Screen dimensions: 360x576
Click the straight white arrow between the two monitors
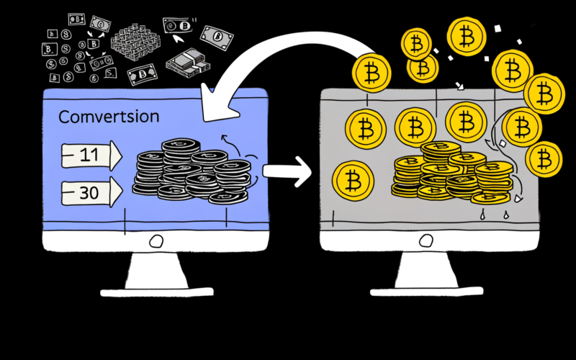[x=287, y=172]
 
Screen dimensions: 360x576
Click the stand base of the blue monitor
[x=156, y=289]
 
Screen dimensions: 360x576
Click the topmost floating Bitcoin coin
[x=467, y=34]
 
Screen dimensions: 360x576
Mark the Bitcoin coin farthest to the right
[x=545, y=158]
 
